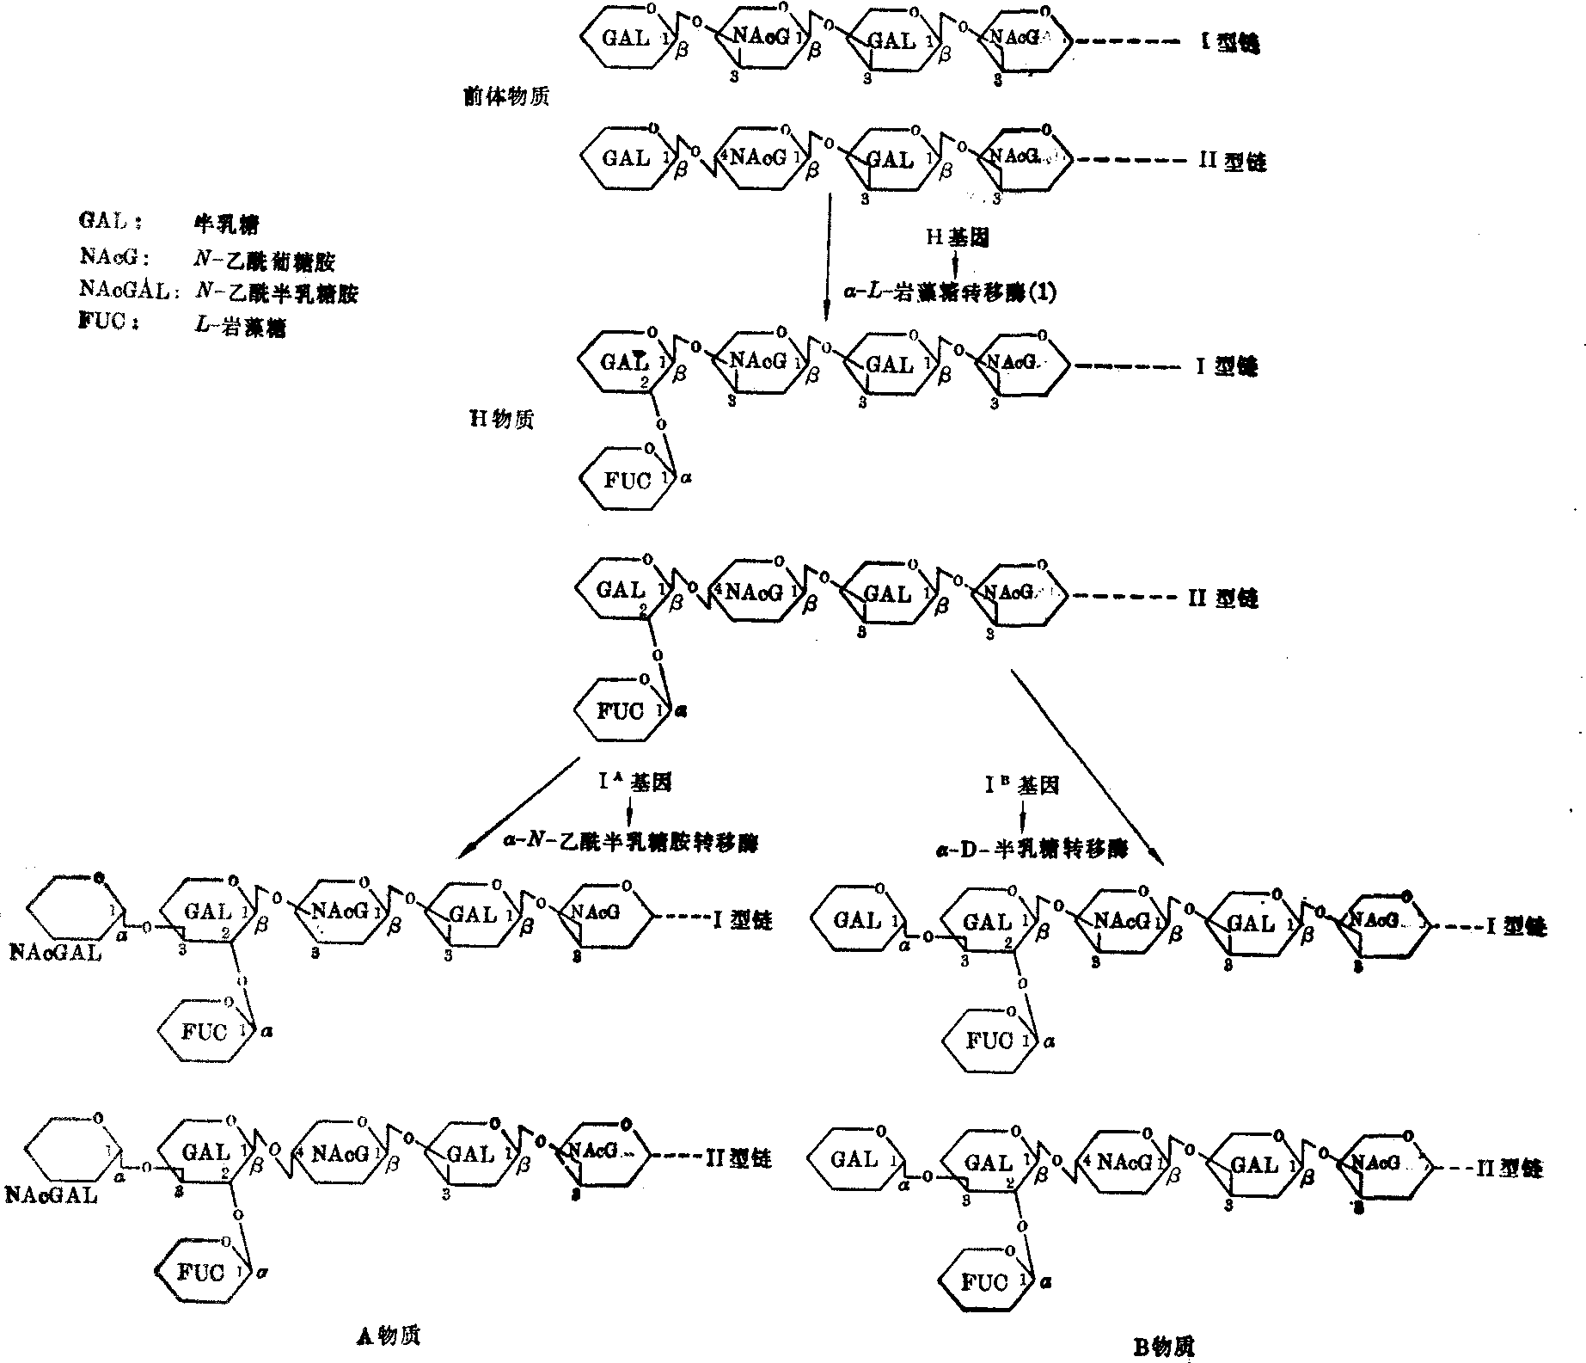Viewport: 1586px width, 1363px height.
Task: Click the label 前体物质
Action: click(x=505, y=96)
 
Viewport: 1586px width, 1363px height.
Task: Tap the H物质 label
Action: click(x=500, y=419)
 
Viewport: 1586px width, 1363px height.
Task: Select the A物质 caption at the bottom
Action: click(x=388, y=1334)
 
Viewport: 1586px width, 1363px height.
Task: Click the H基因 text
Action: click(x=957, y=236)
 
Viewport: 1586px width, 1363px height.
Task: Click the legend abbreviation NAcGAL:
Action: click(x=129, y=292)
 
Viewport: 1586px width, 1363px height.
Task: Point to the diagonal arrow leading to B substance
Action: click(x=1087, y=766)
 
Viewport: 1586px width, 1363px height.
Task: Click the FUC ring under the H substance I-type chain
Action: click(x=627, y=479)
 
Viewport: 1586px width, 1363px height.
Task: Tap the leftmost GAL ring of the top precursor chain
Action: click(x=625, y=39)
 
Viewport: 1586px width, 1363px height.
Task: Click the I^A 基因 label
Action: click(x=635, y=782)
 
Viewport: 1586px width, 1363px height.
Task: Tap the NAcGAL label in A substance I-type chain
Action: click(x=55, y=952)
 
